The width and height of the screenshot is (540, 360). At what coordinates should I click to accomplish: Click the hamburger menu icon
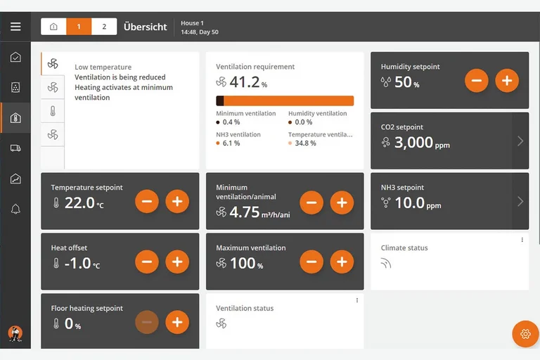15,27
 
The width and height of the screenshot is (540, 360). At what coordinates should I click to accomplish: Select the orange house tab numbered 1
79,27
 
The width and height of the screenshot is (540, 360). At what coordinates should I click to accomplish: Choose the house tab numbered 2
104,27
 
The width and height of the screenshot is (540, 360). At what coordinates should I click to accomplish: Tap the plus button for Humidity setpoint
507,81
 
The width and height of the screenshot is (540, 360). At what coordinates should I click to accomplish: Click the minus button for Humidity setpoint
477,81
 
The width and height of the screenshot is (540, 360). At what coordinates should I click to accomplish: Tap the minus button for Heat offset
147,262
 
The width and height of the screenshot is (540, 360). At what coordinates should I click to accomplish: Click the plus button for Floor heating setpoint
177,322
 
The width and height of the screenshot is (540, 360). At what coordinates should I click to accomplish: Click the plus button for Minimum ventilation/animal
342,202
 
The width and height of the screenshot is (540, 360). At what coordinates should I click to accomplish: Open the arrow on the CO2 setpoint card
520,141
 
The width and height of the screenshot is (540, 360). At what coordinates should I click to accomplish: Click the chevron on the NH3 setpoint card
520,201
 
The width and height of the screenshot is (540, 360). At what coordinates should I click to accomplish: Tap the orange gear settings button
525,334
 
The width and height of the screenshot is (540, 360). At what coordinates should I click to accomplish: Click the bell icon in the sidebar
15,209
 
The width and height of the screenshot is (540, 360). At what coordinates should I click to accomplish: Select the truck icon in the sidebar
15,148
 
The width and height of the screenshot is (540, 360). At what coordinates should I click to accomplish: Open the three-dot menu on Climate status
522,240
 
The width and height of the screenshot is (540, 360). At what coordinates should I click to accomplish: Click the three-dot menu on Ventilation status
357,300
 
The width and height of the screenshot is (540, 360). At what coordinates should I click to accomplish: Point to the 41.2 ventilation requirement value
245,82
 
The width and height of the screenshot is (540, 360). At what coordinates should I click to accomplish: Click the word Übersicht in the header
146,27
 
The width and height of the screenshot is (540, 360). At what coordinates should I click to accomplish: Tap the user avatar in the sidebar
15,333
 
